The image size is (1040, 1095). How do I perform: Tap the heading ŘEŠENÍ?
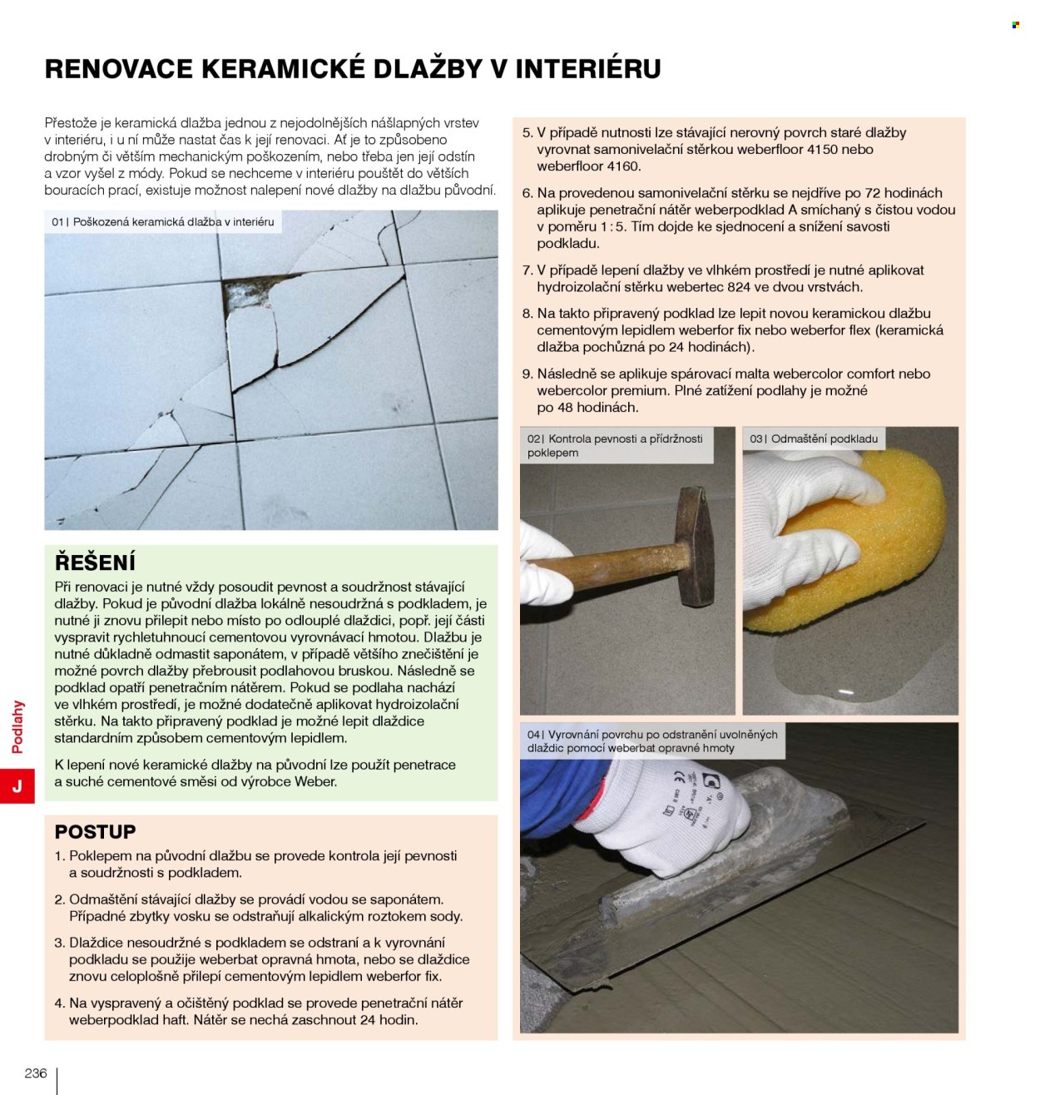point(95,562)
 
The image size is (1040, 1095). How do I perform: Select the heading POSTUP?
point(95,831)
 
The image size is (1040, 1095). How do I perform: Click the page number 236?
point(36,1073)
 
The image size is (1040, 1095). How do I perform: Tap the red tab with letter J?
point(17,785)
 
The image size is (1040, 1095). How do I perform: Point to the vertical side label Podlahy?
point(17,726)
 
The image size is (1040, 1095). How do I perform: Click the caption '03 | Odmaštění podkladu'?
point(813,438)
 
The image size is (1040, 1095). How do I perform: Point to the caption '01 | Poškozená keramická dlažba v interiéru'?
point(163,222)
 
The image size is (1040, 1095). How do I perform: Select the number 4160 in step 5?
point(623,166)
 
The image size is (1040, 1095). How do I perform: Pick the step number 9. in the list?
point(527,374)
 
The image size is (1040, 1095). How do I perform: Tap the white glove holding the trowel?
point(666,824)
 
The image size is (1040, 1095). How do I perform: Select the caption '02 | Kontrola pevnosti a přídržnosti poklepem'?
point(615,445)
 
